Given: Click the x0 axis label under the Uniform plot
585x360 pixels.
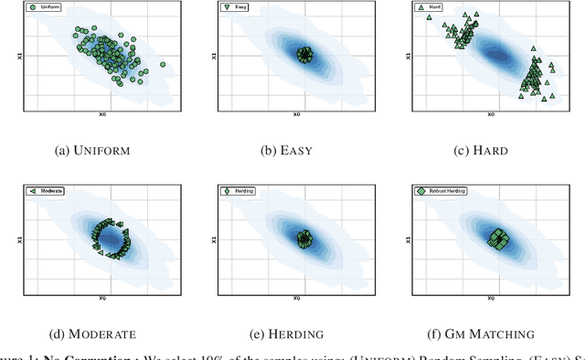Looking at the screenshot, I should (101, 115).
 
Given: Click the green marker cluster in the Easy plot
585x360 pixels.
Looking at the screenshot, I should (304, 55).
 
